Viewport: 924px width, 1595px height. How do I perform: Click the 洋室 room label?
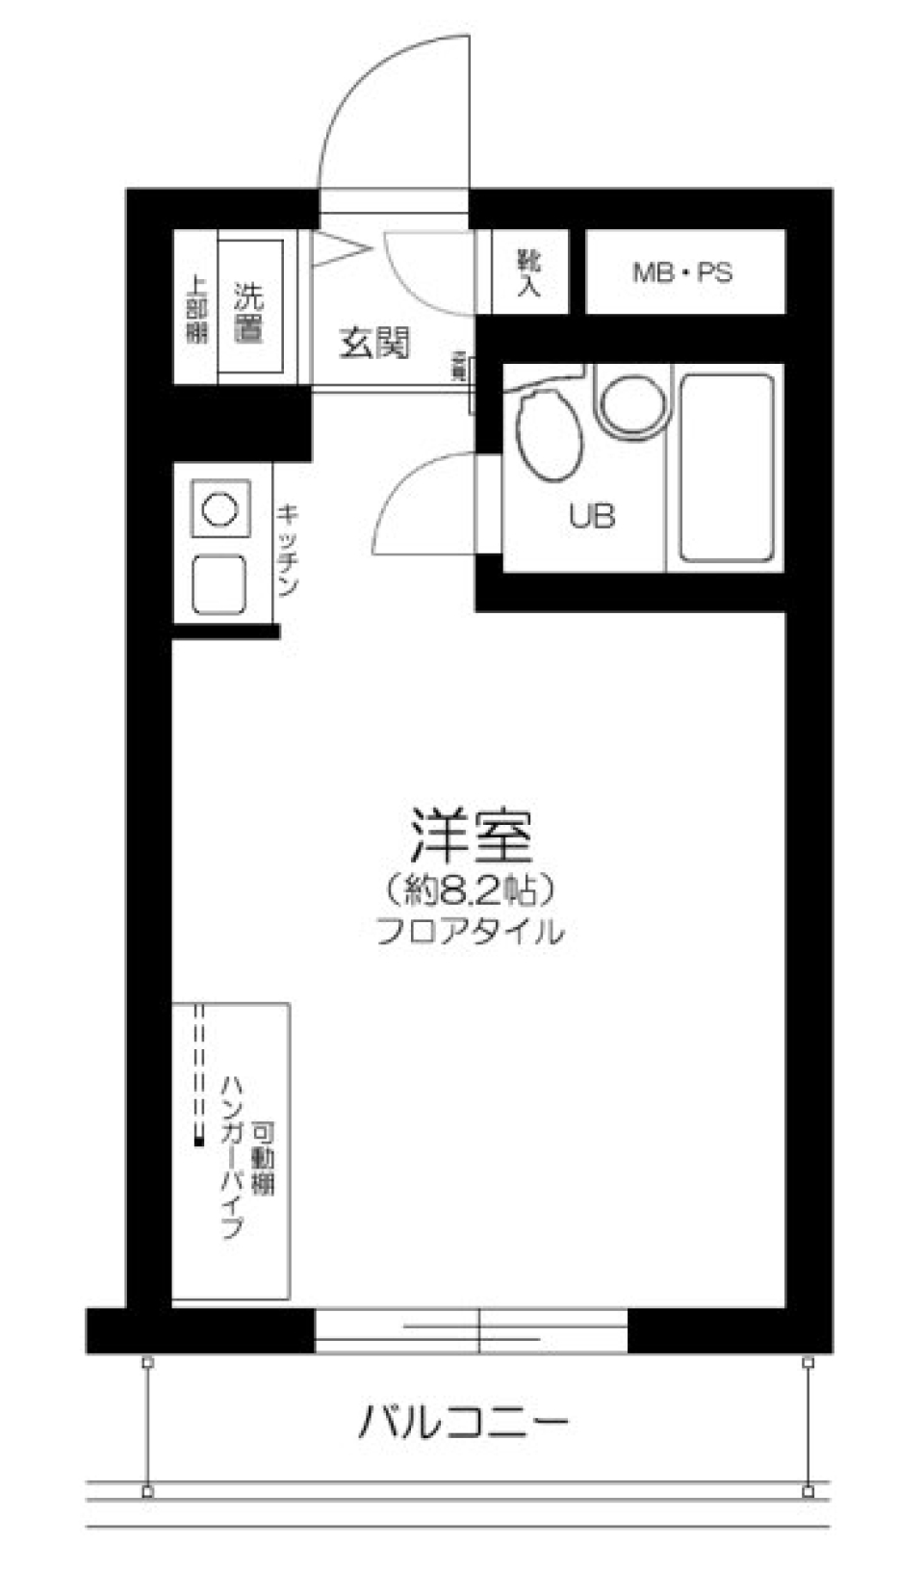[x=472, y=836]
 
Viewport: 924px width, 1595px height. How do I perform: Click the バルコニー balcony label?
[x=464, y=1422]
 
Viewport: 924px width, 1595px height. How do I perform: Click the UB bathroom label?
[x=591, y=517]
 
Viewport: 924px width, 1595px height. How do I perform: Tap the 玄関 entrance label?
[x=374, y=342]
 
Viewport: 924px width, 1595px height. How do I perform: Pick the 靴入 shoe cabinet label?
[x=528, y=272]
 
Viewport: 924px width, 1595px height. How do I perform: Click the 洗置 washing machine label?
[x=249, y=313]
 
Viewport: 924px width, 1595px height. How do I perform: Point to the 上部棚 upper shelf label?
[x=196, y=310]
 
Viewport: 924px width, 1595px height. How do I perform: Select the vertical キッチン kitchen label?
[x=287, y=550]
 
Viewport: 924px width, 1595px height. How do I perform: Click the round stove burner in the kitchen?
[x=220, y=508]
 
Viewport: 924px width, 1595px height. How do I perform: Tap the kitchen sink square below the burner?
[x=219, y=584]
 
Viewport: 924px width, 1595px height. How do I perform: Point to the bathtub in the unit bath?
[x=727, y=468]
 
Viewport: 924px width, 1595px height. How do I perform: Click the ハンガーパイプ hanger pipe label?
[x=232, y=1155]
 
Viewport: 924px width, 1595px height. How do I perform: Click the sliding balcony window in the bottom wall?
[x=471, y=1331]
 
